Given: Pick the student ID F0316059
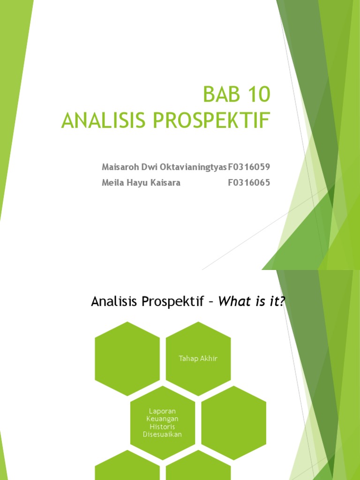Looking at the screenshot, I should coord(249,167).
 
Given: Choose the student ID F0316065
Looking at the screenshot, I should coord(249,183).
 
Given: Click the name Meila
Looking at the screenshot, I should coord(112,183).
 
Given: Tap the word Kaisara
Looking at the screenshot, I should coord(164,183).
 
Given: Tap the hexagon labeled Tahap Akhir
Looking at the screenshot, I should coord(198,359).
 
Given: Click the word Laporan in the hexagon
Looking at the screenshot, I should coord(162,410).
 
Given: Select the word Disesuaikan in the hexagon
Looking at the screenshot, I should coord(162,434).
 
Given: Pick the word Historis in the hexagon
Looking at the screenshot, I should coord(162,426).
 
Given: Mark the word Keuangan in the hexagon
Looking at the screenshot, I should coord(162,418).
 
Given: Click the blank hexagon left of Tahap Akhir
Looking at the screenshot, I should coord(127,359).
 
